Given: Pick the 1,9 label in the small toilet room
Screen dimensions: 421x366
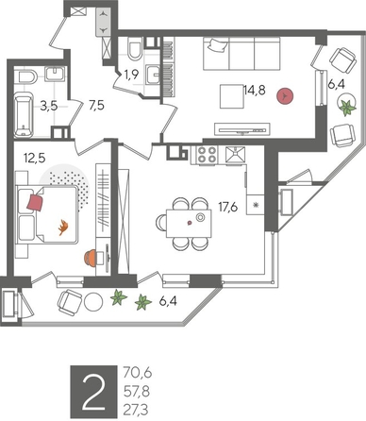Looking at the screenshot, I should coord(131,73).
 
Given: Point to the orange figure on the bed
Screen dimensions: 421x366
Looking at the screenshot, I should coord(64,226).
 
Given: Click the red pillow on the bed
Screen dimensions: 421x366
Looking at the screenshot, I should coord(36,201).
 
